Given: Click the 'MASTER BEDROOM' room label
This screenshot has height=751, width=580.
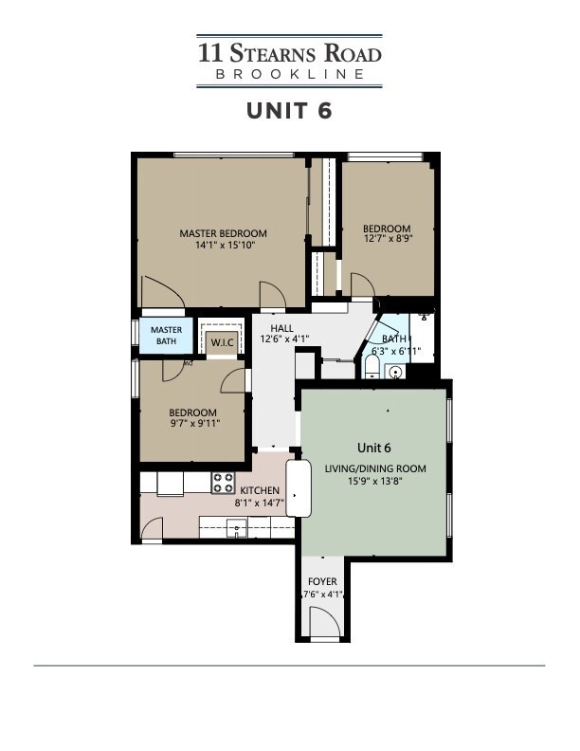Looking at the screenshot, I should point(224,233).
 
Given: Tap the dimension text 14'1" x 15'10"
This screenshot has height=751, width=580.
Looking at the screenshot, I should point(225,245).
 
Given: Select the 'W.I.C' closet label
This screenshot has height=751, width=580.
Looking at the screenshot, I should point(222,342).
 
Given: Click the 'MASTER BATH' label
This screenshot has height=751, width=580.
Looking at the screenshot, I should point(166,336).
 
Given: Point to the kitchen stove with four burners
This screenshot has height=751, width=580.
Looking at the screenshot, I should point(223,483).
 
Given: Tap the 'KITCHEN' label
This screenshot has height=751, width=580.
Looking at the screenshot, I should point(259,490).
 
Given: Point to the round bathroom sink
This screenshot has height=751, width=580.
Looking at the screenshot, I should point(394,371).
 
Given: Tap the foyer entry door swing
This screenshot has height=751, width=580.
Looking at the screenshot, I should point(325,622).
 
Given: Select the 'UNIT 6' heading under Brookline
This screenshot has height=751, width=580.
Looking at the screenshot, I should point(289,110).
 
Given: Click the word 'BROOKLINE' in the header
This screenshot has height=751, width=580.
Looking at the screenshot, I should point(289,74).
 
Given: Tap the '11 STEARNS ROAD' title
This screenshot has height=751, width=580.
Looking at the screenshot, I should point(289,51).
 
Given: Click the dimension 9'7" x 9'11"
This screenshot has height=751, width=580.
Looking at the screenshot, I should point(192,425).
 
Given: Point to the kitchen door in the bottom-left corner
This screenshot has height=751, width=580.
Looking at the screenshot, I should point(151,528).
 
